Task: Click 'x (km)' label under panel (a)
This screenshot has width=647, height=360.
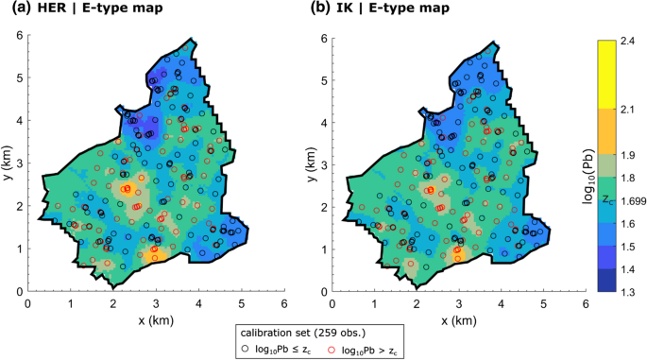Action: coord(156,320)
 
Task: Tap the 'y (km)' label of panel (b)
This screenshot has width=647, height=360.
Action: coord(312,164)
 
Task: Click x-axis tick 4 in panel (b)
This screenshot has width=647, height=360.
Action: coord(501,304)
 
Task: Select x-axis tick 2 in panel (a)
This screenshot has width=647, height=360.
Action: coord(113,304)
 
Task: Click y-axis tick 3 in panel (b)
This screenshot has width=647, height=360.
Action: coord(322,165)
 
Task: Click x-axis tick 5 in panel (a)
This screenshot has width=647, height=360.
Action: coord(241,304)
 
